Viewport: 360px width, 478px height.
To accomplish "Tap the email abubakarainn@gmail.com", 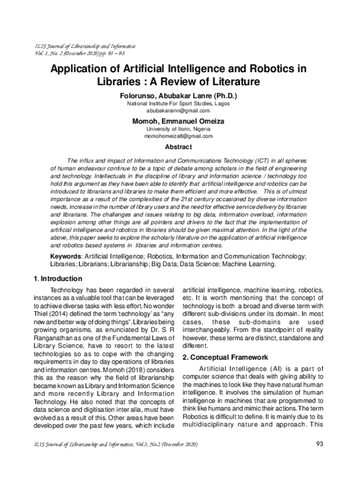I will [x=180, y=110].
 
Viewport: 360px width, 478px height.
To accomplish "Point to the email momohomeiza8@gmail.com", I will [x=180, y=136].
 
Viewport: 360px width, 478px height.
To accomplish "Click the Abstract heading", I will [x=179, y=147].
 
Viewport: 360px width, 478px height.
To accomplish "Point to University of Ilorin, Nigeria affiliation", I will [x=180, y=129].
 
